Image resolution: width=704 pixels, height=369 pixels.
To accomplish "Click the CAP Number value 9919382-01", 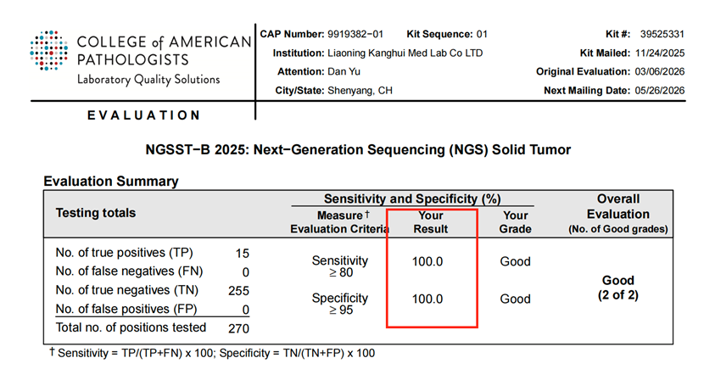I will [x=355, y=34].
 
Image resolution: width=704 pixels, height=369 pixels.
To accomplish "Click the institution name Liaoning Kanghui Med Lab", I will [x=403, y=53].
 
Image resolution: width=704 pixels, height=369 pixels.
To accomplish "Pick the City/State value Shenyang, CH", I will [x=360, y=90].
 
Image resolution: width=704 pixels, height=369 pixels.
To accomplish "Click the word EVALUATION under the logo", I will [x=143, y=115].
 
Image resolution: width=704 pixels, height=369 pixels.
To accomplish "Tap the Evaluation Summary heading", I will [x=110, y=181].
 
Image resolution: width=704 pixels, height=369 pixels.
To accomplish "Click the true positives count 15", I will [x=242, y=252].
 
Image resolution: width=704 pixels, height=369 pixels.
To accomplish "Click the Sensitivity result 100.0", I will [x=427, y=261].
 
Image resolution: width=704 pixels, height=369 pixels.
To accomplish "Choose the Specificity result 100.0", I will [x=427, y=299].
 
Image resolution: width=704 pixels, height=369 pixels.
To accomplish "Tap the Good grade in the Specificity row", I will [x=515, y=299].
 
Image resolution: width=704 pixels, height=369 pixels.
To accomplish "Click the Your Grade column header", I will [x=515, y=222].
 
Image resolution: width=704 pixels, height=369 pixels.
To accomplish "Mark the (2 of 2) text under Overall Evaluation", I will [x=617, y=294].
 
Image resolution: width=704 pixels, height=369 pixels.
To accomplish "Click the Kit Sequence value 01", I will [x=482, y=34].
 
